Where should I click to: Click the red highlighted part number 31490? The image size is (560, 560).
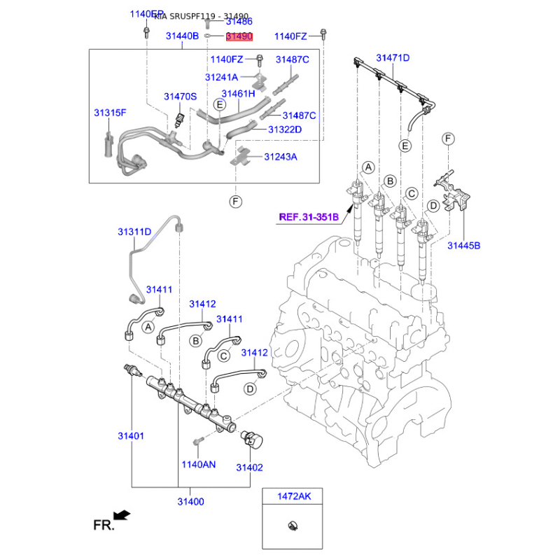tap(239, 36)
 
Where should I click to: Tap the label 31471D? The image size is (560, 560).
tap(393, 57)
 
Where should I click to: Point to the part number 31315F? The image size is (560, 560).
tap(111, 113)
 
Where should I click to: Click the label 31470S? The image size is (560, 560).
tap(181, 97)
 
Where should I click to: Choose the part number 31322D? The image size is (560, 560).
tap(284, 129)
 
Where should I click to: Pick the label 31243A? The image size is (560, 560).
tap(280, 157)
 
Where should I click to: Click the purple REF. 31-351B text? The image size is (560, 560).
tap(309, 217)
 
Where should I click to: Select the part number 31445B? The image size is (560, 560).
tap(464, 245)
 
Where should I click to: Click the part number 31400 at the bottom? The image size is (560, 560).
tap(190, 502)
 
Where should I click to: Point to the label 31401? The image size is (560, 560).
tap(131, 436)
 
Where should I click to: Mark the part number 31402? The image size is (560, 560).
tap(249, 468)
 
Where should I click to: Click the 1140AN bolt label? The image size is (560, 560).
tap(199, 464)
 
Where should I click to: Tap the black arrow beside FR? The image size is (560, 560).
tap(122, 515)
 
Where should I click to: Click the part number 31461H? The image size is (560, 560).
tap(238, 93)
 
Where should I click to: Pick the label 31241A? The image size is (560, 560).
tap(221, 77)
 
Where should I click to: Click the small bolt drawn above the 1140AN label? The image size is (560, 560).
tap(197, 442)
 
